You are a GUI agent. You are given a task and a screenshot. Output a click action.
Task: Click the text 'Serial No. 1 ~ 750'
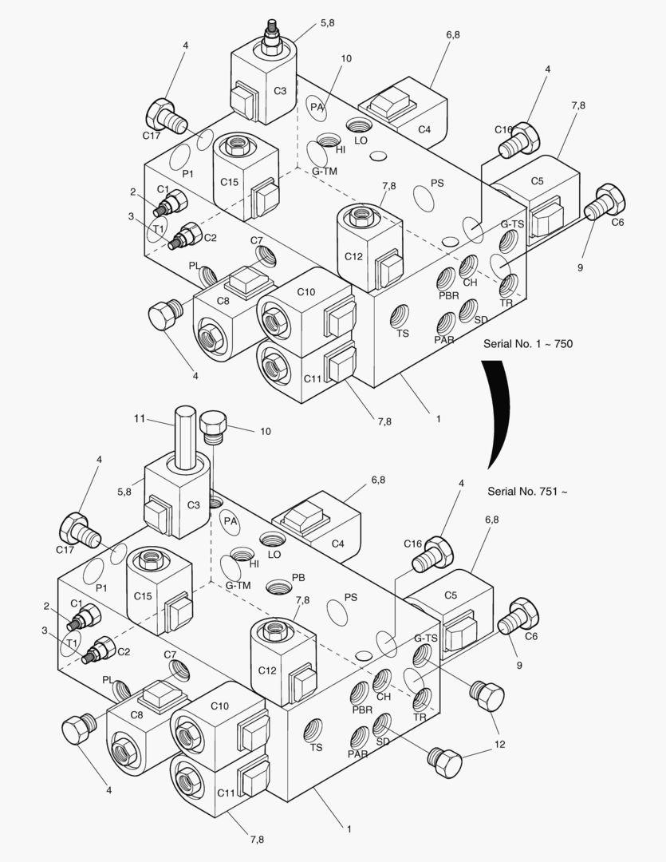[x=527, y=344]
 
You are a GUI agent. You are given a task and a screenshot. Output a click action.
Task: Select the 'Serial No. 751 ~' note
[x=527, y=491]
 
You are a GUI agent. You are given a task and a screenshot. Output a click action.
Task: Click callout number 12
[x=501, y=745]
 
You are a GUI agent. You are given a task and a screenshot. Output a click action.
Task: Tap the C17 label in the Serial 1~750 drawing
[x=152, y=135]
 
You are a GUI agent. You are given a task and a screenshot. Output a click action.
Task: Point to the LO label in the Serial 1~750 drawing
[x=361, y=140]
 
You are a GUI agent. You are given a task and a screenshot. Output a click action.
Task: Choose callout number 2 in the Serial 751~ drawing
[x=46, y=606]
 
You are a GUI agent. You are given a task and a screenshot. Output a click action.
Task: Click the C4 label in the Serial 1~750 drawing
[x=424, y=129]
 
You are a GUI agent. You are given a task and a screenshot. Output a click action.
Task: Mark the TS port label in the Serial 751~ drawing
[x=316, y=747]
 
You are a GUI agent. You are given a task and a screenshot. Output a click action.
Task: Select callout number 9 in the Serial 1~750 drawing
[x=580, y=267]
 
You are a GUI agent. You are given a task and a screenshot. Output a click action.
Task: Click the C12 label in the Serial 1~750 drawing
[x=354, y=255]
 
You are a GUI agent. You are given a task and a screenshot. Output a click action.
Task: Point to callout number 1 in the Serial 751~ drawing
[x=349, y=828]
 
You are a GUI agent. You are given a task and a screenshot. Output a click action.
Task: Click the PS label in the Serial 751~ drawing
[x=350, y=597]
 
